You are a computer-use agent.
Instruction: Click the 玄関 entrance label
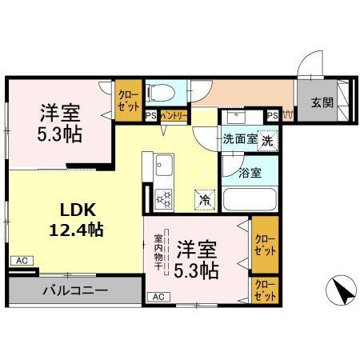click(x=322, y=102)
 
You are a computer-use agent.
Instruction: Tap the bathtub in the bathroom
click(x=247, y=200)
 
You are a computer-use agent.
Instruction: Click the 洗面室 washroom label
click(x=240, y=138)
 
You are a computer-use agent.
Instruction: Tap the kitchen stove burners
click(x=165, y=197)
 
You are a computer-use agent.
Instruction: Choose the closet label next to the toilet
click(x=127, y=98)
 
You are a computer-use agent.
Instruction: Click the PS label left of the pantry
click(x=150, y=116)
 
